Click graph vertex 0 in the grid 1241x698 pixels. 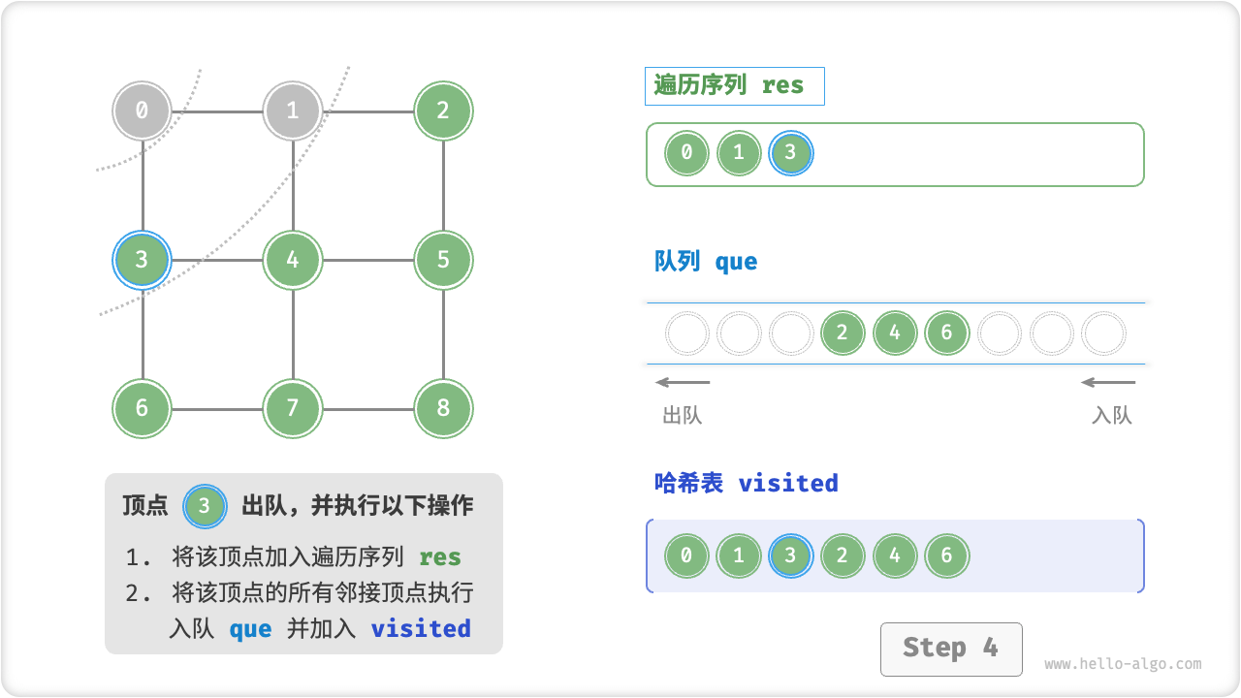tap(142, 111)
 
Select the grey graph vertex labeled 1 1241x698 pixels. tap(293, 111)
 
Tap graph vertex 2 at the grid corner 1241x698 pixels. tap(443, 111)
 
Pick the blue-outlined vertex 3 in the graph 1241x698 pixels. tap(142, 260)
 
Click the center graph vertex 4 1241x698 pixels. tap(293, 260)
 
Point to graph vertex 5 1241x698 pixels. tap(443, 260)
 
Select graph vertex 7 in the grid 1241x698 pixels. tap(293, 408)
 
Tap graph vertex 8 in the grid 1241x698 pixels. tap(443, 408)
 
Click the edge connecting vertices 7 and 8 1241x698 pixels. tap(368, 408)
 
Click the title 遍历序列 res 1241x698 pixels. tap(729, 85)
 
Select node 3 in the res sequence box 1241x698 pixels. tap(790, 153)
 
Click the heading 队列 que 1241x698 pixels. tap(706, 262)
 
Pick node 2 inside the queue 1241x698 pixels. tap(842, 333)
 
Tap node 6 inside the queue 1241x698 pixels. tap(946, 333)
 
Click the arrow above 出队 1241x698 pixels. tap(683, 382)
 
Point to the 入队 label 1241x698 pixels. tap(1111, 416)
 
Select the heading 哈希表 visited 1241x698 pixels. tap(746, 483)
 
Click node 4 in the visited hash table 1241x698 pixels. tap(894, 556)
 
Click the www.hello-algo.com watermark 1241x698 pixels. tap(1123, 664)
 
